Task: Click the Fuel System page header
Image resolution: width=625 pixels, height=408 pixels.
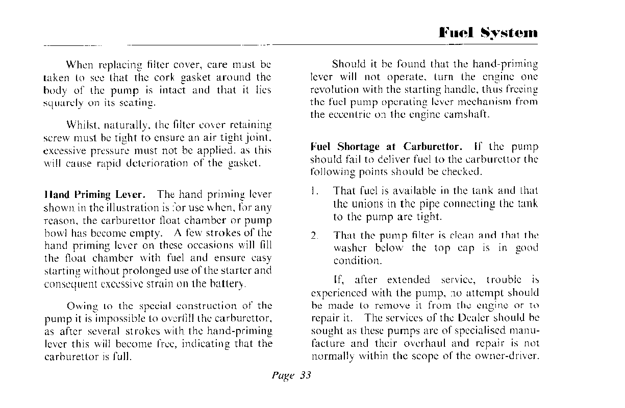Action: tap(488, 34)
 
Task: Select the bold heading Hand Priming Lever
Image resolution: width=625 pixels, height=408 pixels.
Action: tap(96, 195)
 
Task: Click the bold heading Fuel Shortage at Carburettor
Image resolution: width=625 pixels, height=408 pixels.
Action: tap(386, 147)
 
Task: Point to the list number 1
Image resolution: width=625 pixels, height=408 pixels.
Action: tap(315, 191)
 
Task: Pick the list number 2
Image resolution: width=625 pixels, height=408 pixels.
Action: tap(315, 236)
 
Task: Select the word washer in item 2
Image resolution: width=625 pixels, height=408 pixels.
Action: tap(350, 248)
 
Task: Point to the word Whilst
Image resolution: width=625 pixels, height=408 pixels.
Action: tap(83, 125)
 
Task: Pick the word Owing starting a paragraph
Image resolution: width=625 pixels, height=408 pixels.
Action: tap(83, 307)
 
